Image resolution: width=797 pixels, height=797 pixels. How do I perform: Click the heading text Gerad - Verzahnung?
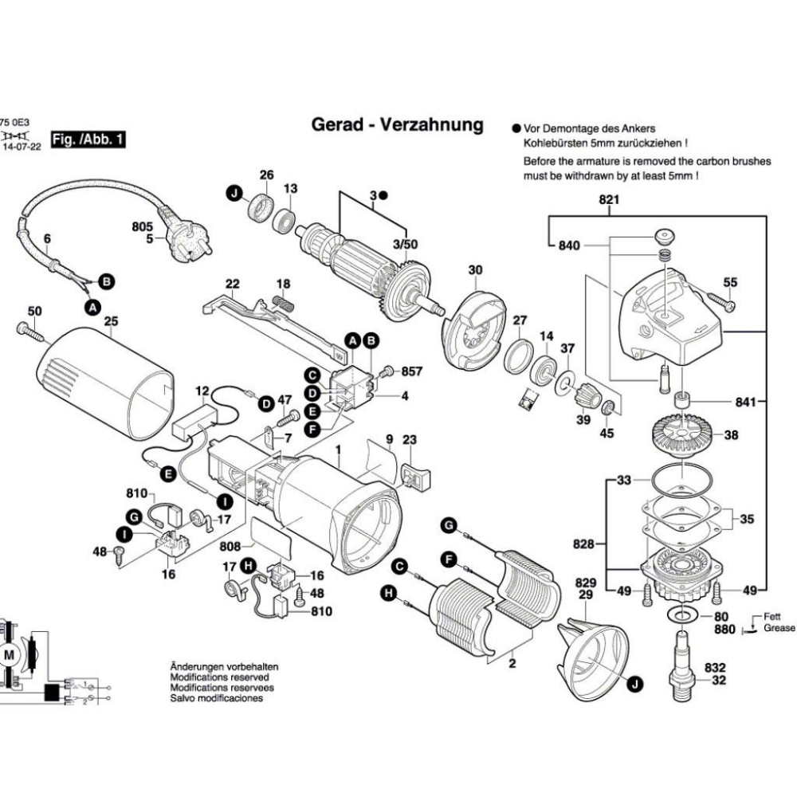(397, 125)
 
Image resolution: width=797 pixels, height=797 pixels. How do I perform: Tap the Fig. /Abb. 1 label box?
(88, 140)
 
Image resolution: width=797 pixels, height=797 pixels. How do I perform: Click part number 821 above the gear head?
(609, 201)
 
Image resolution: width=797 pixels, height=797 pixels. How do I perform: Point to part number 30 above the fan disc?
(476, 270)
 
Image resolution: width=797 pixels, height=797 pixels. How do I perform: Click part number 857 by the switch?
(411, 371)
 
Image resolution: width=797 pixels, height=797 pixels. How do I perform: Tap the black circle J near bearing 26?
(233, 193)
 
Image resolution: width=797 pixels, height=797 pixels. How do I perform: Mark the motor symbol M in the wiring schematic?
(10, 654)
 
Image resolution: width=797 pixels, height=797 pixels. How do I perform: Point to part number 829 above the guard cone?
(586, 583)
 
